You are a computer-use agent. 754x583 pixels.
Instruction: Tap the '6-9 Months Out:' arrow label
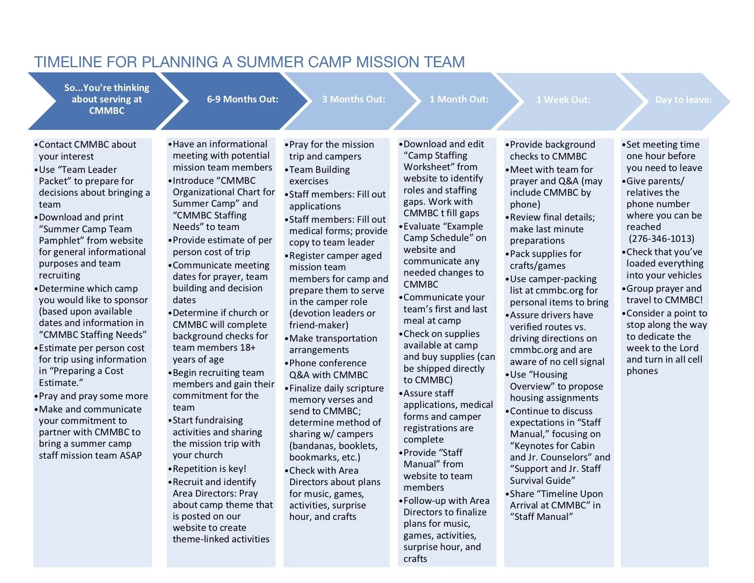(242, 99)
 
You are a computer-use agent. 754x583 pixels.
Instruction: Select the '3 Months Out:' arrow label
(353, 99)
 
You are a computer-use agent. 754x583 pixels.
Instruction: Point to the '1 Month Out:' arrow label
(458, 99)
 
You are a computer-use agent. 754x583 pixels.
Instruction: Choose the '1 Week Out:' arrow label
(563, 100)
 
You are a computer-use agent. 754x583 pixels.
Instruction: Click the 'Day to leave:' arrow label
(683, 100)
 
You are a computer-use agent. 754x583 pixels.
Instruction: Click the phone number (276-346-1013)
(661, 239)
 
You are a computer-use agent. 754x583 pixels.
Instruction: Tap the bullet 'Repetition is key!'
(209, 469)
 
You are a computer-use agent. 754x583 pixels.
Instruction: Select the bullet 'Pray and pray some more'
(93, 396)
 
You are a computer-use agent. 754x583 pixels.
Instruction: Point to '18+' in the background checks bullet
(247, 348)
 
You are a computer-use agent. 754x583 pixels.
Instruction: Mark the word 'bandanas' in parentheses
(312, 446)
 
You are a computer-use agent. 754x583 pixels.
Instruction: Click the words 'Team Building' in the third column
(319, 170)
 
